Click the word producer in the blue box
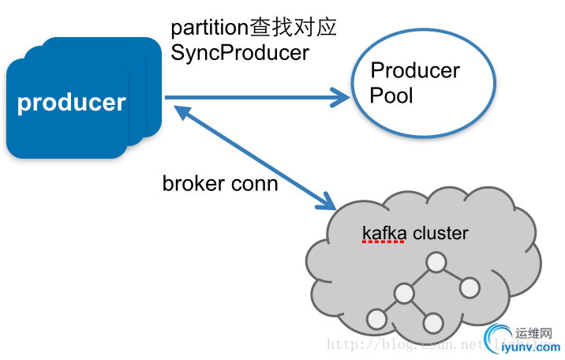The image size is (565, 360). tap(71, 103)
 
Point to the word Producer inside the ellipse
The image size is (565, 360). tap(415, 70)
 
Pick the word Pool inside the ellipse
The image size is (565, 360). tap(391, 96)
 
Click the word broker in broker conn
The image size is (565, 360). tap(189, 184)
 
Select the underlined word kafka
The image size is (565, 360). tap(384, 233)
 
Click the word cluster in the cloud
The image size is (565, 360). tap(440, 233)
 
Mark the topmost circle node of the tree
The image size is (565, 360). tap(434, 262)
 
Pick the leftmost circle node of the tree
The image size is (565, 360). tap(376, 319)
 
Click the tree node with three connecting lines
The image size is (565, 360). tap(404, 294)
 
